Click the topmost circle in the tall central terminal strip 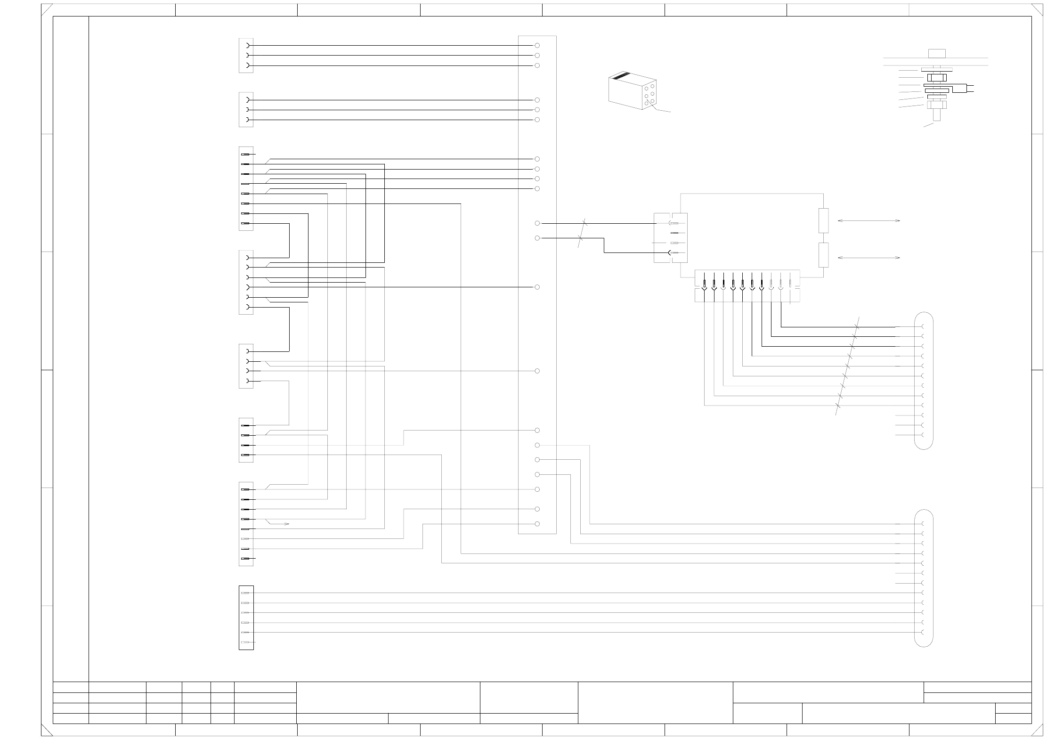(x=537, y=46)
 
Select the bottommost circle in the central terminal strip (x=537, y=524)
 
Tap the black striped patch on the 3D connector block (x=621, y=76)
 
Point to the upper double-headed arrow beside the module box (x=869, y=220)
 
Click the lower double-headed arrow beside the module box (x=869, y=258)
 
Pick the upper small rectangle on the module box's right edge (x=823, y=220)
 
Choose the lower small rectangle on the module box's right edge (x=823, y=255)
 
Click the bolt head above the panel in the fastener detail (x=937, y=53)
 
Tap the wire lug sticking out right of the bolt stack (x=969, y=88)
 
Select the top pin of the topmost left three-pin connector (x=248, y=46)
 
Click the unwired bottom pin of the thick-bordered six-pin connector (x=245, y=642)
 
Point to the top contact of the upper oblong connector (x=923, y=326)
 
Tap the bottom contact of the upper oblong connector (x=923, y=435)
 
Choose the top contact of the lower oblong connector (x=923, y=524)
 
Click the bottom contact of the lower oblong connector (x=923, y=632)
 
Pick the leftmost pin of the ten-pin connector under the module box (x=705, y=285)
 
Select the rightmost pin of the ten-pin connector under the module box (x=790, y=285)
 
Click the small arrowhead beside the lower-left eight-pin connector (x=287, y=524)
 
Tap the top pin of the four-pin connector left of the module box (x=674, y=223)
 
